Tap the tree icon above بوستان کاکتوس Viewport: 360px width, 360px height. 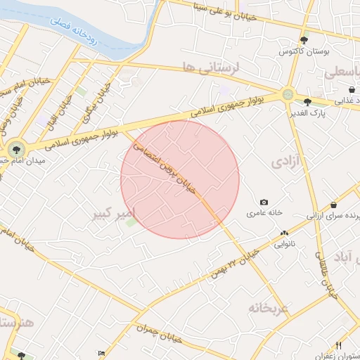click(304, 40)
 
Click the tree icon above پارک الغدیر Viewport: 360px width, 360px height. click(307, 102)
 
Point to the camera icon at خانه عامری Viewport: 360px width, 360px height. click(264, 202)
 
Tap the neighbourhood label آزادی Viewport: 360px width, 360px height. click(286, 162)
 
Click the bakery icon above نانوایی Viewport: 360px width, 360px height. click(284, 233)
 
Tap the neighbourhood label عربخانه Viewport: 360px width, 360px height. click(268, 308)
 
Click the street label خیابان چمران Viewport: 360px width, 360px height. click(161, 334)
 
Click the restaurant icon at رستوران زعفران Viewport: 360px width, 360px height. click(338, 345)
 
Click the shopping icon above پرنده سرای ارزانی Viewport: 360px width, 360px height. click(333, 205)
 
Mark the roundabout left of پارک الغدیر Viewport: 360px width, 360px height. click(288, 94)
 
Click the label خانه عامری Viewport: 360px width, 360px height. click(264, 212)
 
